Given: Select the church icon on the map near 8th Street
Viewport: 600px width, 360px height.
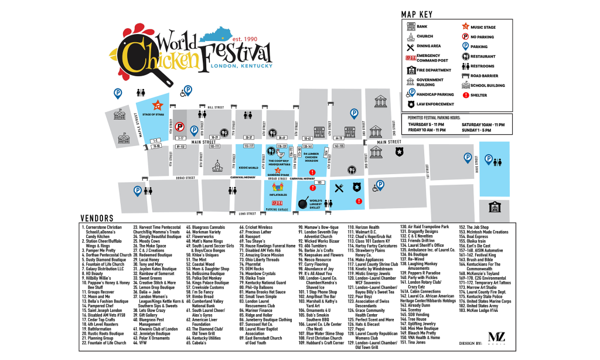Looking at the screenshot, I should [x=217, y=166].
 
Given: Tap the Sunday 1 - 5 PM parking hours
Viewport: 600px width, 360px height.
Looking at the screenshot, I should [x=483, y=130].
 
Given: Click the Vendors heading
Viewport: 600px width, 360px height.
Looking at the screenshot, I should [x=97, y=216].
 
